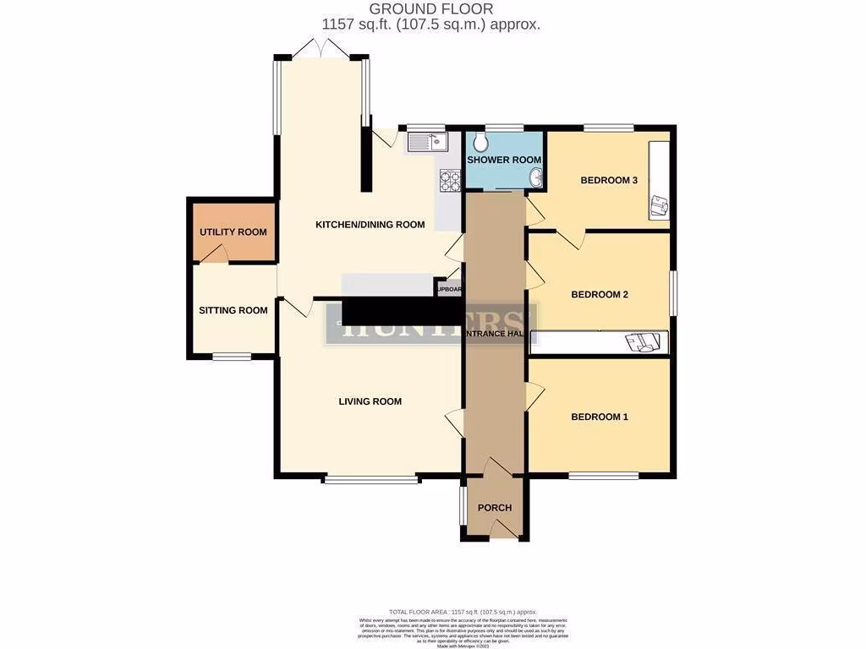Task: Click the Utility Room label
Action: pos(233,232)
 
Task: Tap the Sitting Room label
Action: pos(233,310)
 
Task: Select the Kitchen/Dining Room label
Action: pos(370,225)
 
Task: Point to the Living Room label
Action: pos(370,401)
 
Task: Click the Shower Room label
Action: pos(504,160)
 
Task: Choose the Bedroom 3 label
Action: pos(608,180)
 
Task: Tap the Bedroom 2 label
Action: pos(600,295)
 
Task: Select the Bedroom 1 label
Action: pos(600,417)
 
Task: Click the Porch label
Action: pos(495,508)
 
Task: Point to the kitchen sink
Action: pos(431,142)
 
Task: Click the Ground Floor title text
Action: pos(431,9)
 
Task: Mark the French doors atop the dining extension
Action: pos(321,51)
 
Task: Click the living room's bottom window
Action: pos(370,480)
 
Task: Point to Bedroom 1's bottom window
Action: pos(603,476)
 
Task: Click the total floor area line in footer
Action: pos(463,612)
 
